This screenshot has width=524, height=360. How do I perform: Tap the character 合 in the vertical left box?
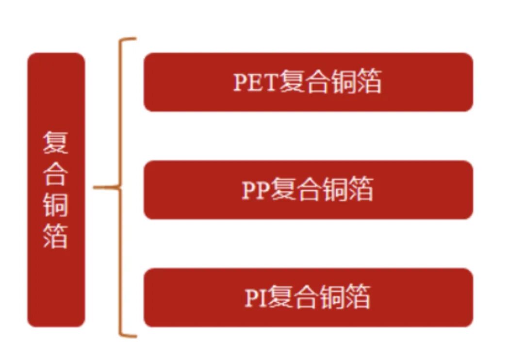tap(55, 173)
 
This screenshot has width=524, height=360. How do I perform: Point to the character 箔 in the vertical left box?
tap(55, 235)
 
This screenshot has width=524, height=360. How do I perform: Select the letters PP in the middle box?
tap(256, 190)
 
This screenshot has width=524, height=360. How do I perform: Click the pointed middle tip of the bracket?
tap(95, 187)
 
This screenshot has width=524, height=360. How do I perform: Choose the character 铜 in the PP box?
tap(335, 189)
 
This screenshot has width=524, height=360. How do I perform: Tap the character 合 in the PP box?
tap(309, 189)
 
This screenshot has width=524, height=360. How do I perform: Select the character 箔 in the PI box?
tap(358, 297)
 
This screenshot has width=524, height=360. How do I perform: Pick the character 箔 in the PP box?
tap(360, 189)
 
